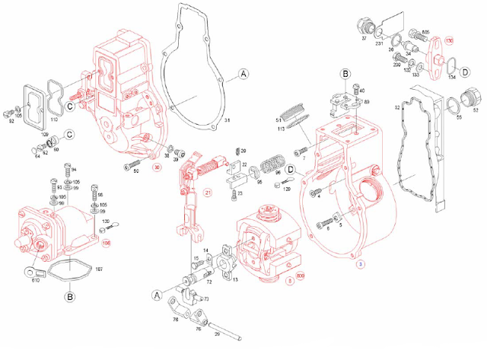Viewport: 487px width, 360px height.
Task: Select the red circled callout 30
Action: (157, 167)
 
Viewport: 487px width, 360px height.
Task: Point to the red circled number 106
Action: (107, 243)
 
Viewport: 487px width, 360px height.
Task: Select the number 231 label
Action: (378, 46)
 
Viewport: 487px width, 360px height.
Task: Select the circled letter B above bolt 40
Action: (345, 74)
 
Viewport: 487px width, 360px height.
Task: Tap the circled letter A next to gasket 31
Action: (243, 74)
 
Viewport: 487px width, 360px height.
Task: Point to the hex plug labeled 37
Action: (363, 24)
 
